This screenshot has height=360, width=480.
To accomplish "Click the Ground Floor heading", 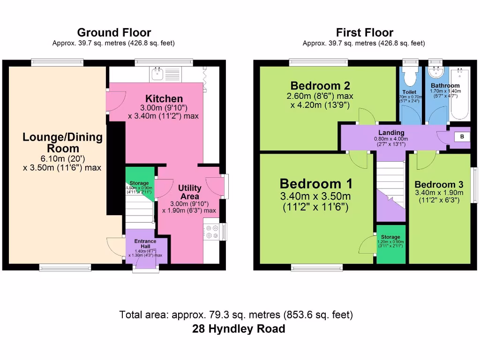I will coord(114,32).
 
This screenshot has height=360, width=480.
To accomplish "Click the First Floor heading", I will coord(364,32).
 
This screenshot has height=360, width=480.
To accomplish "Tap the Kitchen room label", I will coord(164,99).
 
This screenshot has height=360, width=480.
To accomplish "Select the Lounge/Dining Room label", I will coord(62,142).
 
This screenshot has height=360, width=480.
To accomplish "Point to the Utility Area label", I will coord(189,192).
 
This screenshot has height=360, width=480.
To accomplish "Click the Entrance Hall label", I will coord(145,244).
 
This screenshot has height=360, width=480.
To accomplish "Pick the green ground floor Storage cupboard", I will coord(139,183).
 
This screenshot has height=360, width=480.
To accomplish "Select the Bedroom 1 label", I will coord(316,183).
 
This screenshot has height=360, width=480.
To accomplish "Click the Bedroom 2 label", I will coord(321,86).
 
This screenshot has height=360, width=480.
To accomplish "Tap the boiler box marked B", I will coord(462,136).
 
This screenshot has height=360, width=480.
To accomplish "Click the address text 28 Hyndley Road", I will coord(239,329).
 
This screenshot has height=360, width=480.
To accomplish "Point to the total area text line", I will coord(236,315).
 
